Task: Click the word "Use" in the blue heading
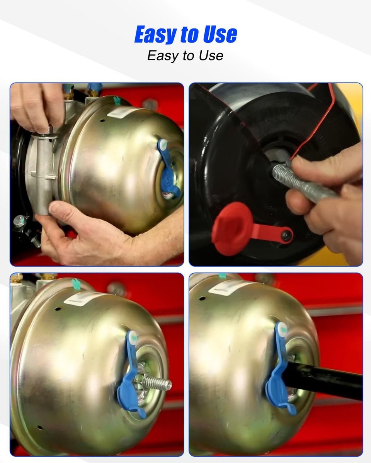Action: [x=220, y=34]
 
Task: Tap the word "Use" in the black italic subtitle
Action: [x=211, y=56]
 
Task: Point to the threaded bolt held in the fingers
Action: [x=302, y=182]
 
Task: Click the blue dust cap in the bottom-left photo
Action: [x=131, y=374]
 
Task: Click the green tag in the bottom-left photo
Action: [x=76, y=284]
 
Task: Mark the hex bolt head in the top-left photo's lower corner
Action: [x=19, y=221]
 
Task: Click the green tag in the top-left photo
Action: [x=116, y=100]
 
